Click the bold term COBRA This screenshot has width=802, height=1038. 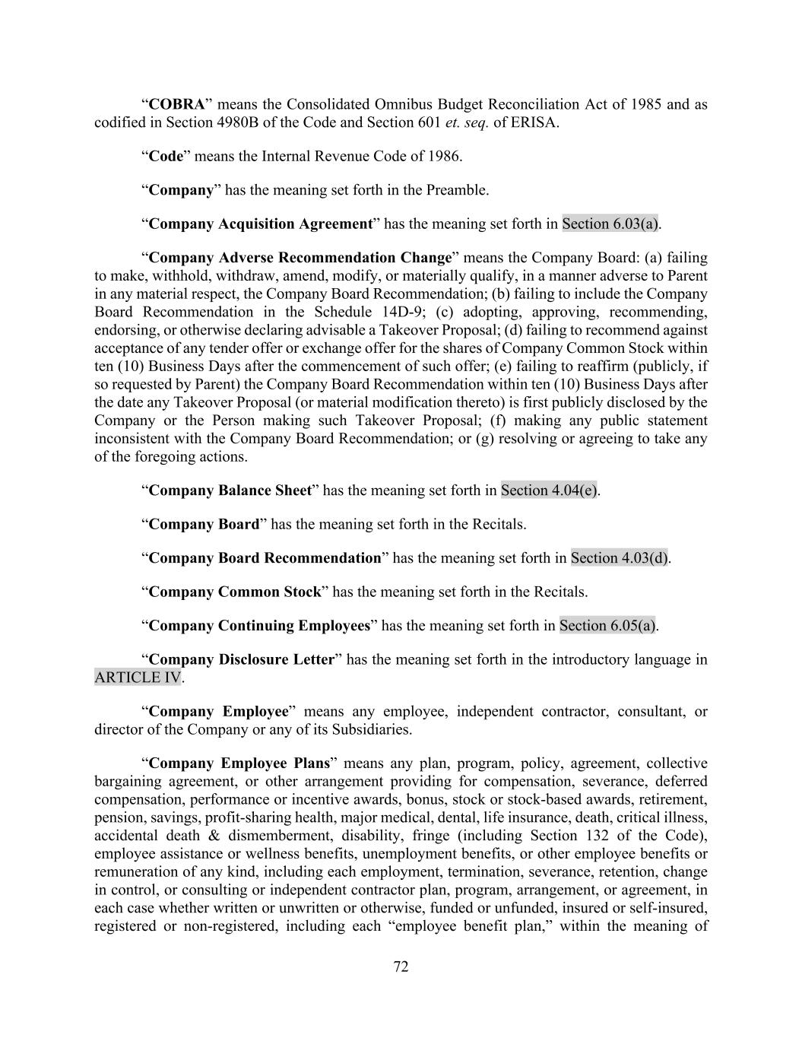click(x=176, y=104)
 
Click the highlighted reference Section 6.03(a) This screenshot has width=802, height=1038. click(x=610, y=224)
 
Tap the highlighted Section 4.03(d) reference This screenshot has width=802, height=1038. click(x=620, y=558)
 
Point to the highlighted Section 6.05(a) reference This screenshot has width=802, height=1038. click(x=608, y=626)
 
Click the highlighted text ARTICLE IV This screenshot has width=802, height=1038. click(x=138, y=678)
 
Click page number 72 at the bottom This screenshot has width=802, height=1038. click(x=401, y=967)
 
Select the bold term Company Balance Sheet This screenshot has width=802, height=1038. click(x=230, y=490)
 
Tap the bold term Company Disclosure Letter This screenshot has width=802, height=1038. click(x=241, y=659)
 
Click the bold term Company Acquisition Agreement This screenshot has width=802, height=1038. click(x=260, y=224)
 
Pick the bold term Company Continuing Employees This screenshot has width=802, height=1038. click(x=259, y=626)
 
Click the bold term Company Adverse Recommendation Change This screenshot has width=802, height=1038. click(x=300, y=257)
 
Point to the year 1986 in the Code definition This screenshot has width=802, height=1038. click(x=443, y=157)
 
